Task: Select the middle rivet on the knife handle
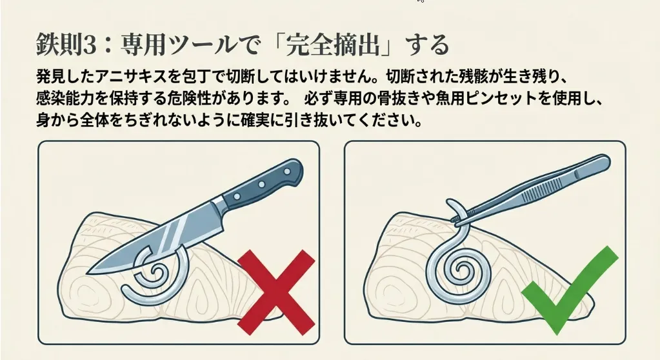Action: (x=261, y=184)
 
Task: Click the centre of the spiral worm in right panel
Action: (x=462, y=268)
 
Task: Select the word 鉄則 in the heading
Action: (x=59, y=45)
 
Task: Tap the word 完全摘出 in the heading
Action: (x=332, y=45)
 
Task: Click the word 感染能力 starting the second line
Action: (x=65, y=99)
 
